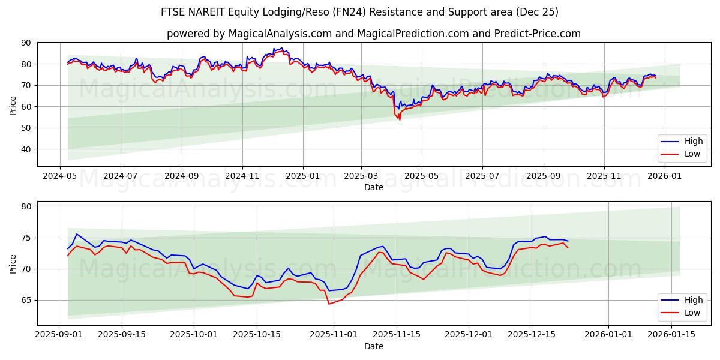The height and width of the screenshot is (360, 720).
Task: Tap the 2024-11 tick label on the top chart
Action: pyautogui.click(x=242, y=176)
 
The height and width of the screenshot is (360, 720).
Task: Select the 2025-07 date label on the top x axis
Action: pyautogui.click(x=482, y=176)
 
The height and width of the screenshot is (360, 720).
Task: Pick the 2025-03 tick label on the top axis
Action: pyautogui.click(x=361, y=176)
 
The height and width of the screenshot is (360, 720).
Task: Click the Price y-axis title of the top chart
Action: pyautogui.click(x=13, y=104)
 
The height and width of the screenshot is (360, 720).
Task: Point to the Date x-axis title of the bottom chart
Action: pyautogui.click(x=373, y=346)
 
